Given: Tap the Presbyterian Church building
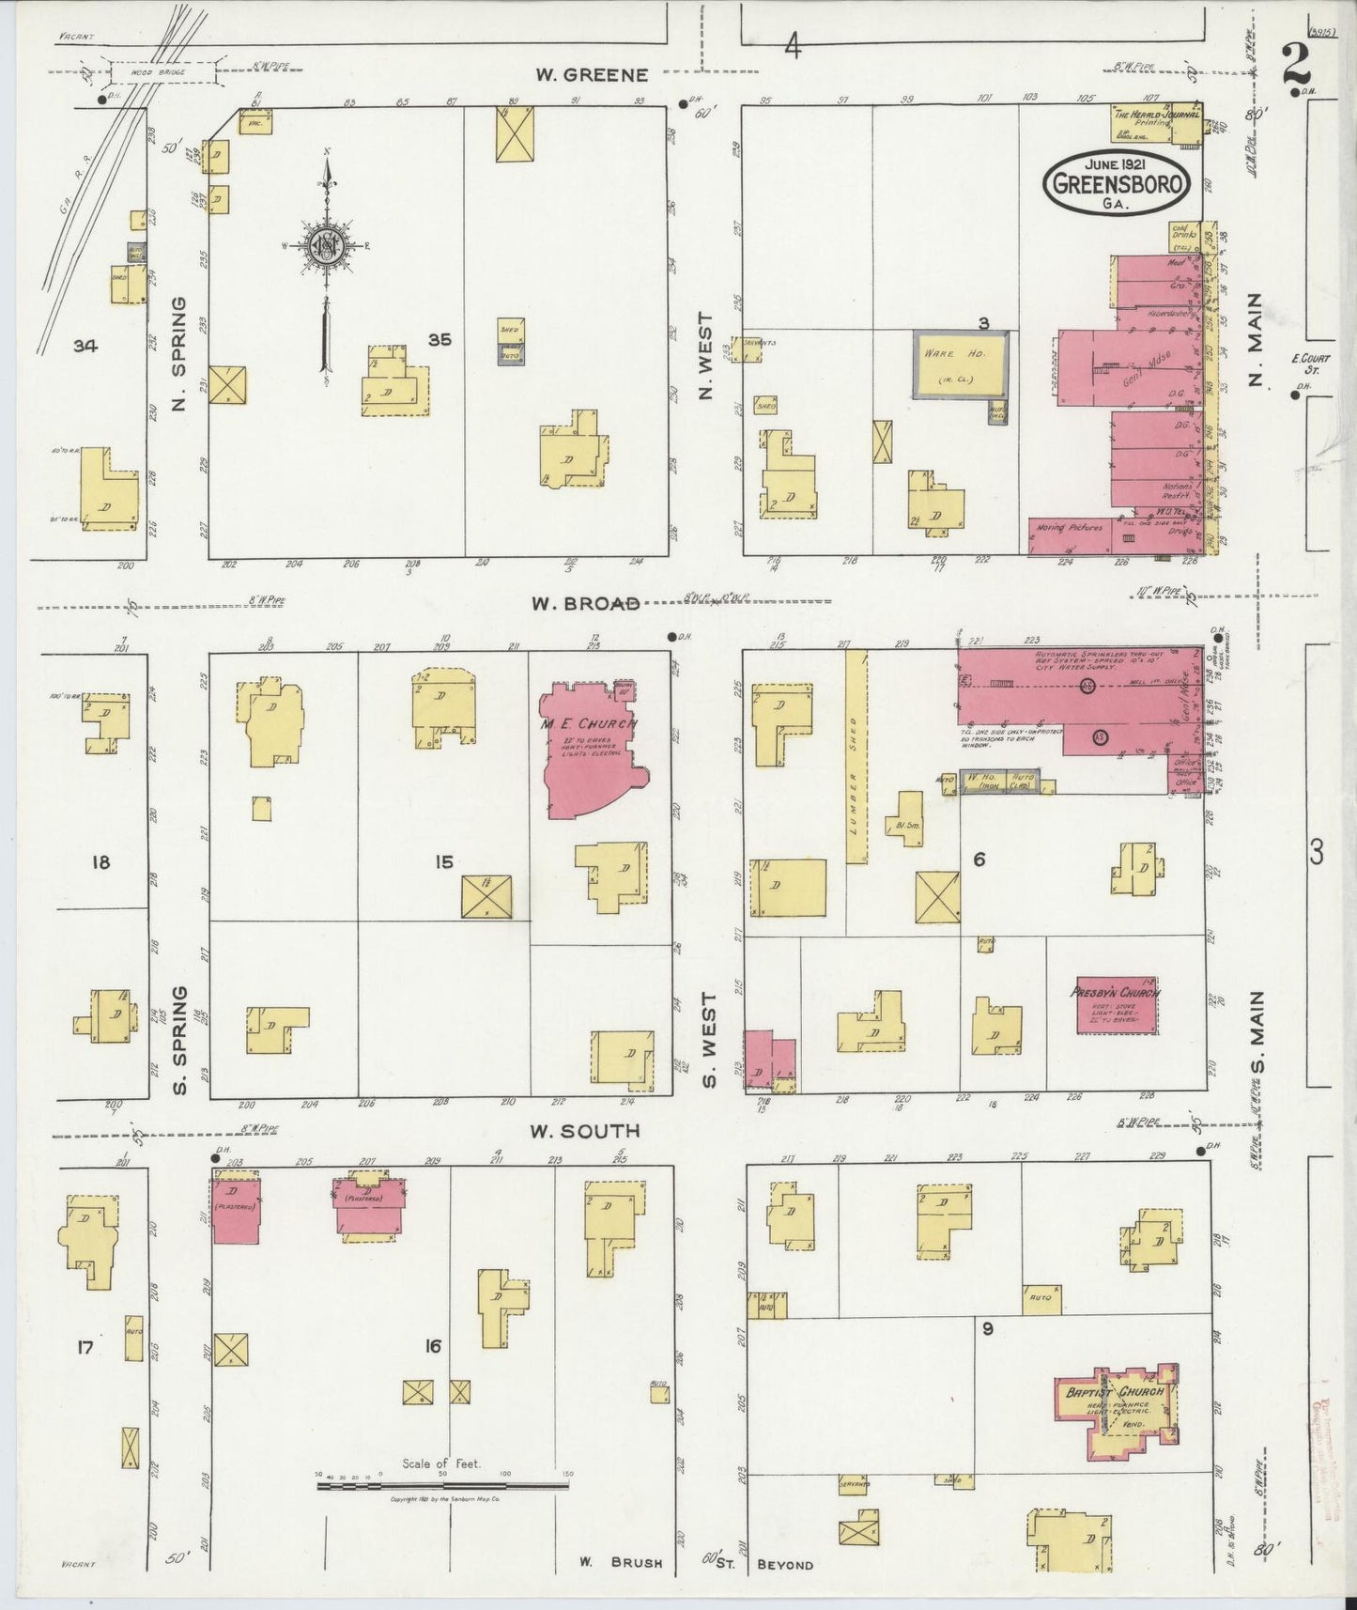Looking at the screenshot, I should point(1116,1005).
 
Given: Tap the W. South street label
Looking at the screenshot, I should point(585,1131).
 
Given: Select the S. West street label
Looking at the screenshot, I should point(709,1040).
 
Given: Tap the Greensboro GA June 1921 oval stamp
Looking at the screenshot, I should point(1116,181).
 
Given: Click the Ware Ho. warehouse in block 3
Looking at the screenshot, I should point(961,364).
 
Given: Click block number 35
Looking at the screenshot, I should point(439,340).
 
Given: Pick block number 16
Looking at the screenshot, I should point(432,1346).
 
